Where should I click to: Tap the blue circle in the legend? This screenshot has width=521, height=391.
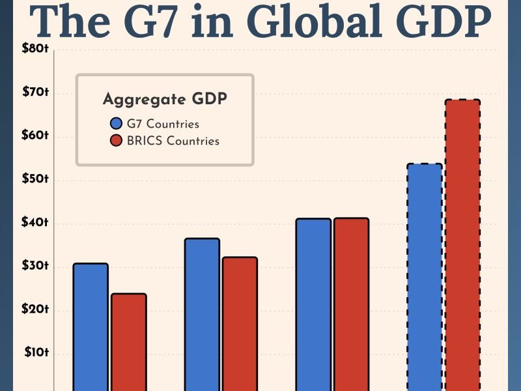(x=117, y=124)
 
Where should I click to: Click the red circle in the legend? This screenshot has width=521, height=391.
(x=117, y=141)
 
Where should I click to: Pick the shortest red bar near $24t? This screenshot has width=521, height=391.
(x=128, y=342)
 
